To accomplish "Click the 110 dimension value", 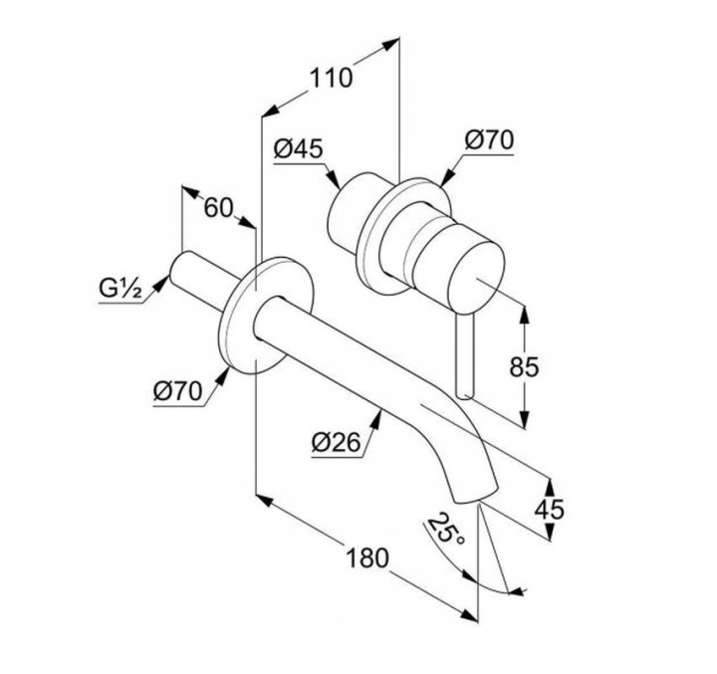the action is (x=332, y=78).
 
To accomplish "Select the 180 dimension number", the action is (x=366, y=559).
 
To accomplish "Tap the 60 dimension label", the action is (x=218, y=208).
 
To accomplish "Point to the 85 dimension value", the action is (x=524, y=366).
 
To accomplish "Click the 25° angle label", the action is (x=445, y=528).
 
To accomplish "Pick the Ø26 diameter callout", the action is (x=337, y=443).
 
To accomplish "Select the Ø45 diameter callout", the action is (x=299, y=148).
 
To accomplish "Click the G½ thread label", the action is (x=119, y=290).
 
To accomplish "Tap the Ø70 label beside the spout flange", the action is (x=177, y=392).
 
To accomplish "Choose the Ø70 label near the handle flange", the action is (x=489, y=140).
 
